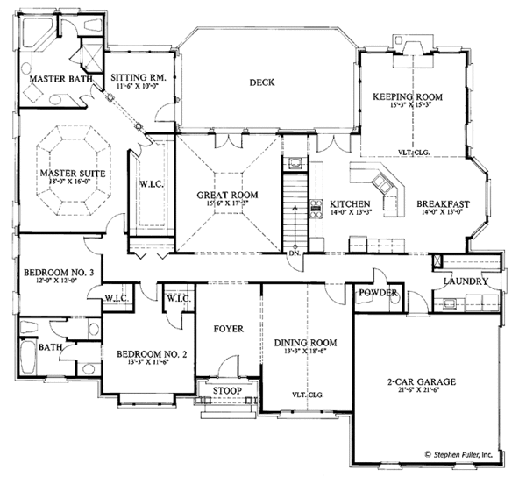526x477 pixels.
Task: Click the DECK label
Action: point(261,82)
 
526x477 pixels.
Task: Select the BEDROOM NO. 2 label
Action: point(147,354)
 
